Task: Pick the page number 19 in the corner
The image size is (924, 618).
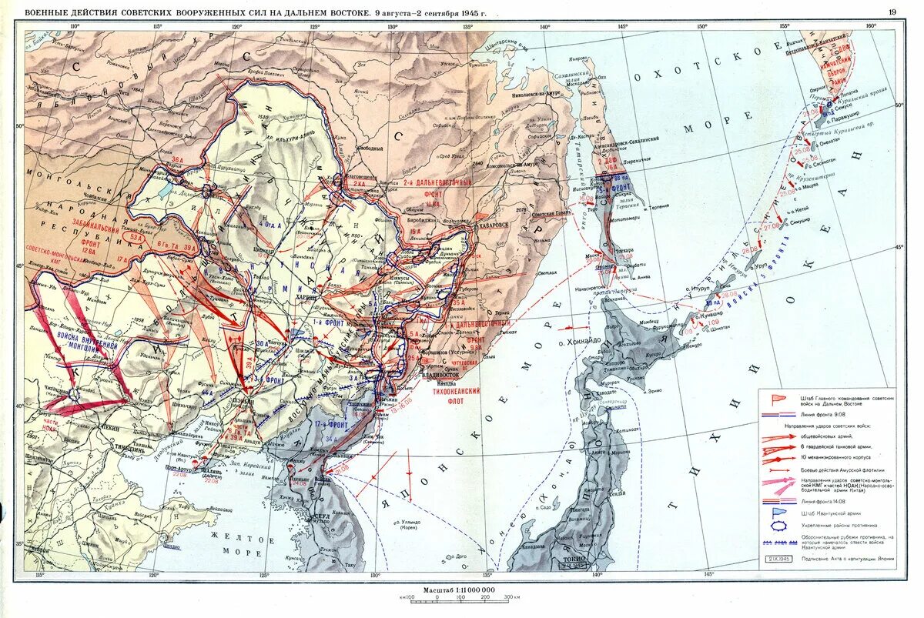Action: [x=892, y=12]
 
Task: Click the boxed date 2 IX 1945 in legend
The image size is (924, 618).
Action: [x=778, y=559]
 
